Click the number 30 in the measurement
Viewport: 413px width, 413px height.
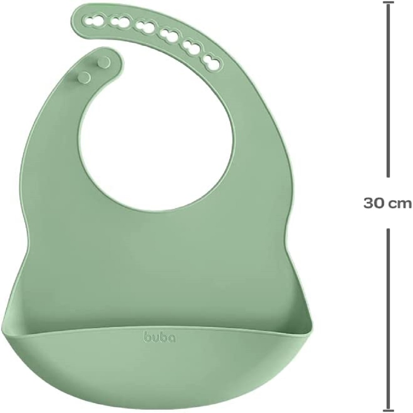[x=373, y=203]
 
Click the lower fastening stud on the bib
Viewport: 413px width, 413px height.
[x=84, y=77]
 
